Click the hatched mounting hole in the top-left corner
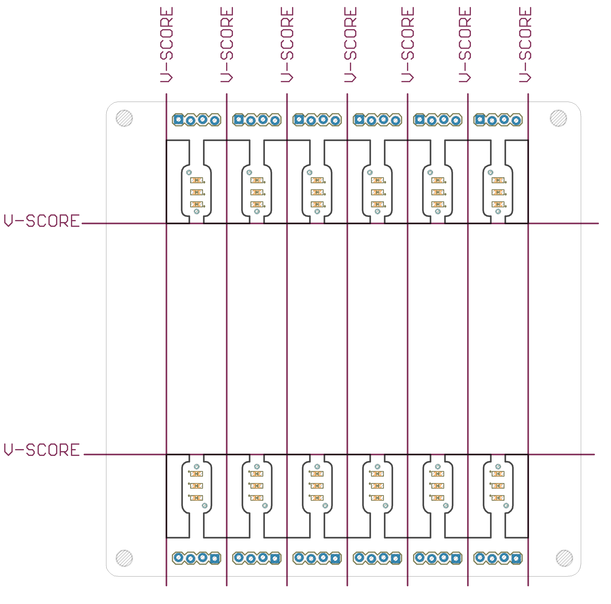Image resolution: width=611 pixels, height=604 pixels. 124,118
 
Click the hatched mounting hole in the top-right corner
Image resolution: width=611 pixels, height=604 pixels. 558,118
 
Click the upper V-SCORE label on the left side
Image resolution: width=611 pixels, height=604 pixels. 42,221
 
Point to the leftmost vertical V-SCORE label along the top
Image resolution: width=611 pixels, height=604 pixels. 166,45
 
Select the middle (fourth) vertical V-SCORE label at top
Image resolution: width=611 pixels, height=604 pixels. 350,45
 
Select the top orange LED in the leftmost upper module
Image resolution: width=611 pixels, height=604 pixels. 196,180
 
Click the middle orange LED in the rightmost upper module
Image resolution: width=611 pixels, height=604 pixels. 498,192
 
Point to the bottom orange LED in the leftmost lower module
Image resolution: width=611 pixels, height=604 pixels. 196,498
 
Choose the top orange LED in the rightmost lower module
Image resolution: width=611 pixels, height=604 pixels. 498,474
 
